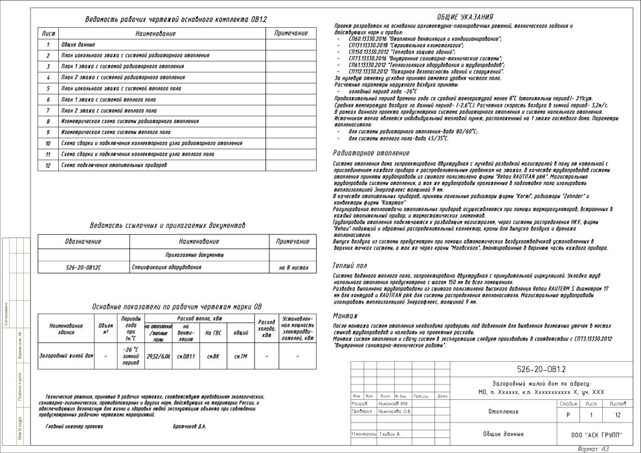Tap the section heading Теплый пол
(350, 265)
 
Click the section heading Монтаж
(346, 315)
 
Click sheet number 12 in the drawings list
(47, 165)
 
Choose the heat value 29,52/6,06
(158, 356)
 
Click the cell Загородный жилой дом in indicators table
(66, 356)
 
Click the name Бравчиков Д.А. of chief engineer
(189, 426)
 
